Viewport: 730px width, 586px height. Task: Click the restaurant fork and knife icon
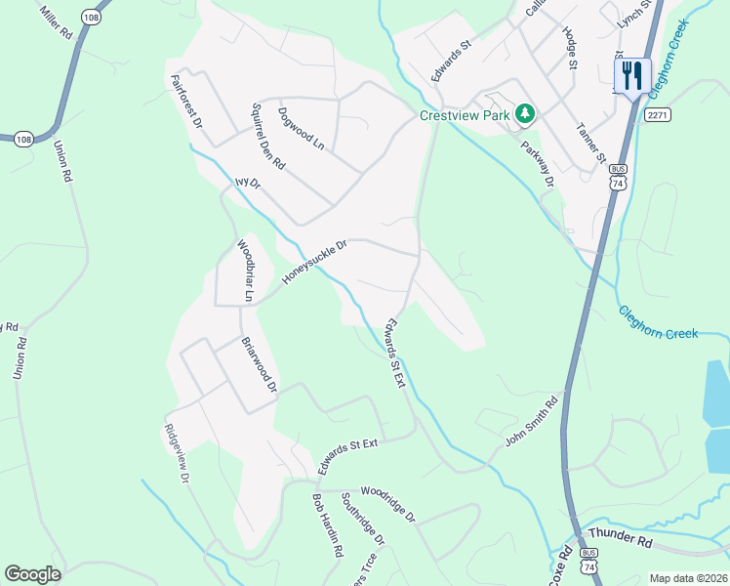(632, 74)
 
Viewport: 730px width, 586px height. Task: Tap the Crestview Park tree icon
(525, 114)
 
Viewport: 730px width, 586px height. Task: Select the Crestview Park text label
(465, 114)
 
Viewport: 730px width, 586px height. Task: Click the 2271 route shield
(658, 115)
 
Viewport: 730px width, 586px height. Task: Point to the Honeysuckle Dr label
(315, 263)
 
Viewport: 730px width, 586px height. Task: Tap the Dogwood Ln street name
(301, 128)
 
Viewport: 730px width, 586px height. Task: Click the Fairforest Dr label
(185, 103)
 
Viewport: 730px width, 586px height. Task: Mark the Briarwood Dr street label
(260, 366)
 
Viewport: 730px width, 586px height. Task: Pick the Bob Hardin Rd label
(327, 523)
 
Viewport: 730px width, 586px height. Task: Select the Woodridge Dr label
(388, 504)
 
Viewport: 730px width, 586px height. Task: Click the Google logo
(32, 574)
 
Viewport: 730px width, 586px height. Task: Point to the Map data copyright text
(687, 578)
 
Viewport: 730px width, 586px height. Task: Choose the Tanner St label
(591, 143)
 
